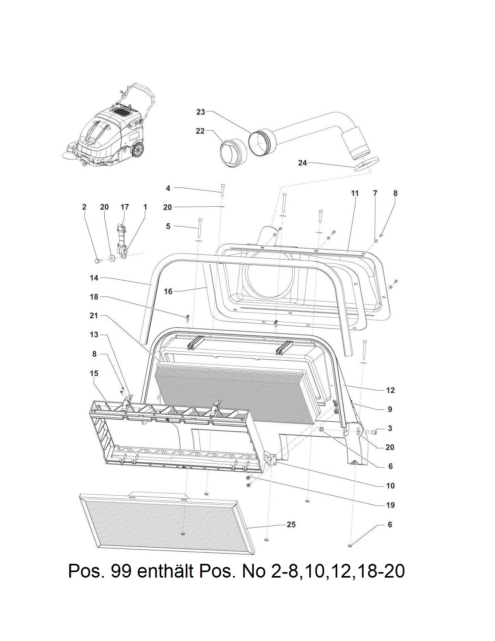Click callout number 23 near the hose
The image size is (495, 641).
pos(201,112)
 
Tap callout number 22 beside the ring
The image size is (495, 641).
pos(200,131)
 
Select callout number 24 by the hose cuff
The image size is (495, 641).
pos(302,163)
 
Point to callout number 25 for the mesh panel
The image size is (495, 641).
pos(291,524)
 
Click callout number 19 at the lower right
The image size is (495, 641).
pos(390,505)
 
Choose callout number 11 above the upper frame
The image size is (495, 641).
pos(355,193)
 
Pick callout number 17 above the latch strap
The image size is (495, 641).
pos(125,207)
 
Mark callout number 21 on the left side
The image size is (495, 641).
pos(94,316)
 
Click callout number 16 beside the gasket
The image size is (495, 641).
pos(168,291)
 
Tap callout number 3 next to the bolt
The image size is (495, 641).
pos(390,428)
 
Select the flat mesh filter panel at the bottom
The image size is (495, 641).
pos(165,522)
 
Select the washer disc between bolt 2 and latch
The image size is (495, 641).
pos(112,258)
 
